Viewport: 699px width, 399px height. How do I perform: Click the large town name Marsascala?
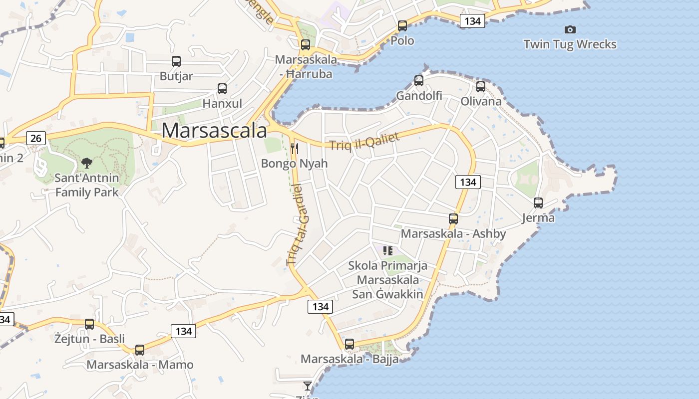click(214, 131)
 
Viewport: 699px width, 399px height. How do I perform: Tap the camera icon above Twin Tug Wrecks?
click(570, 30)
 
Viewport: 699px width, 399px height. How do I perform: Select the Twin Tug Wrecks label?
click(570, 44)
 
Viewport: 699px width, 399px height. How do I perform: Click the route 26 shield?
click(36, 138)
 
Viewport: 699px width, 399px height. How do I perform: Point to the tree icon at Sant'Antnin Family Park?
click(87, 163)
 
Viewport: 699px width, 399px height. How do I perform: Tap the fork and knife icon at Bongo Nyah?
click(295, 148)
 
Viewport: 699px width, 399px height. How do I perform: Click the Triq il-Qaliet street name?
click(364, 141)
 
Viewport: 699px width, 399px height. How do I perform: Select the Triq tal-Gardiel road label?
click(299, 224)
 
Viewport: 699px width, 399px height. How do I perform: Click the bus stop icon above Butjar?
click(176, 61)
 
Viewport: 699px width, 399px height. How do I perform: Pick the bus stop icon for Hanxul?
click(222, 89)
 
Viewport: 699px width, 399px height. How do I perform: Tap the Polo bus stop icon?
click(402, 26)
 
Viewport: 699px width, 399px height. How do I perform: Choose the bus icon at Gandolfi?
click(419, 80)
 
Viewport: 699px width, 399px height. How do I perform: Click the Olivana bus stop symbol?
click(481, 87)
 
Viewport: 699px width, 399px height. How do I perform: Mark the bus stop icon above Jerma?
click(538, 203)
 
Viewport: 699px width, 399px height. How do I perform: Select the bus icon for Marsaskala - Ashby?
click(453, 218)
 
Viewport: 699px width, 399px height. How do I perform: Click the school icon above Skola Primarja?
click(388, 250)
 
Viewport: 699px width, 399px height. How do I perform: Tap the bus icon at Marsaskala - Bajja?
click(349, 344)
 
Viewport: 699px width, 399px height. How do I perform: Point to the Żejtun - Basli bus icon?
click(89, 324)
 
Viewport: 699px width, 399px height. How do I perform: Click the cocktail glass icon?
click(308, 386)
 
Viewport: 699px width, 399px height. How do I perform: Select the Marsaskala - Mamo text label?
click(140, 365)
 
